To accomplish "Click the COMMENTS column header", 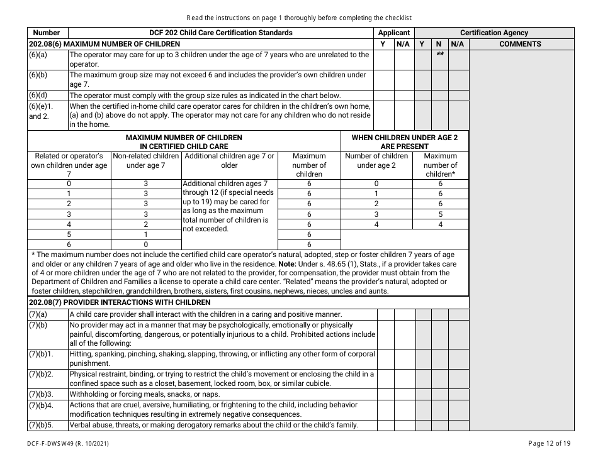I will coord(520,44).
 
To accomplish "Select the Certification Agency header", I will coord(494,33).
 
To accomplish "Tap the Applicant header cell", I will coord(394,33).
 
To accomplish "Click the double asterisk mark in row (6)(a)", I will coord(441,55).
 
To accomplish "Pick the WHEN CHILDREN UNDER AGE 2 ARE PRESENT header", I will coord(404,141).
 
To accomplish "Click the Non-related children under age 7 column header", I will coord(146,160).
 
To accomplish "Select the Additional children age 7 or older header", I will coord(229,160).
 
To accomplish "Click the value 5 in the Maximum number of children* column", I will coord(440,214).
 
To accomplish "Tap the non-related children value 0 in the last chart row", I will coord(146,244).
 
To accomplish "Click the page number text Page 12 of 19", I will coord(550,443).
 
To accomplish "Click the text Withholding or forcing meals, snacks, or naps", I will coord(145,394).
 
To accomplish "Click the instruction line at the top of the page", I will coord(299,18).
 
